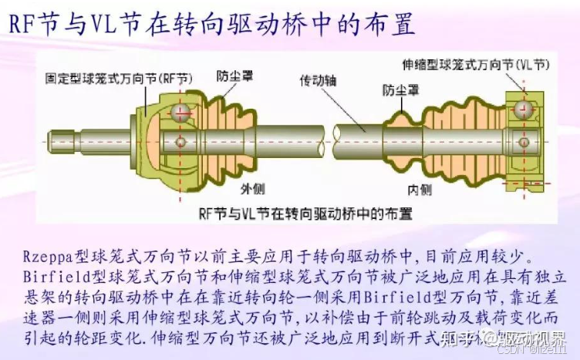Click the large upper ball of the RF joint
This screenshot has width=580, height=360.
pyautogui.click(x=182, y=113)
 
